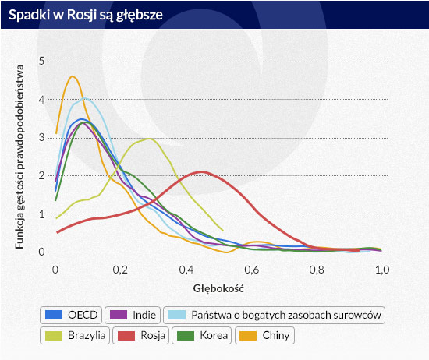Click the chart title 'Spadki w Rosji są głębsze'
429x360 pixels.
point(86,15)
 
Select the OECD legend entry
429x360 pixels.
point(71,315)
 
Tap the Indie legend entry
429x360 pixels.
point(133,315)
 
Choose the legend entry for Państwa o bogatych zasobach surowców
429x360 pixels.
point(274,315)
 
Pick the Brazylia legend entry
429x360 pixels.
point(75,335)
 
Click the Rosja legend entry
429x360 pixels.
point(141,335)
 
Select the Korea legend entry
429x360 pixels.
point(202,335)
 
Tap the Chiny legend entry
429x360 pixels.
point(264,335)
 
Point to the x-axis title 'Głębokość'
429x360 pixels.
point(218,288)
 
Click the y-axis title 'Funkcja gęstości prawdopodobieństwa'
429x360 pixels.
point(19,157)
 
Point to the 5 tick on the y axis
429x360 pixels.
point(41,61)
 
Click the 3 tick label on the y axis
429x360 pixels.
point(41,137)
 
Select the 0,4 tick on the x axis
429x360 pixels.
point(186,270)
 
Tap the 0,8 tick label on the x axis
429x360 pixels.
point(317,270)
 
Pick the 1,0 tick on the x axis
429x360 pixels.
point(382,270)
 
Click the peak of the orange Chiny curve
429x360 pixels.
point(73,76)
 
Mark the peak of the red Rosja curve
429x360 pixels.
point(202,171)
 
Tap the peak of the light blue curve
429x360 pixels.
point(85,98)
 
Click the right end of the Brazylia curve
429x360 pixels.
point(223,231)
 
